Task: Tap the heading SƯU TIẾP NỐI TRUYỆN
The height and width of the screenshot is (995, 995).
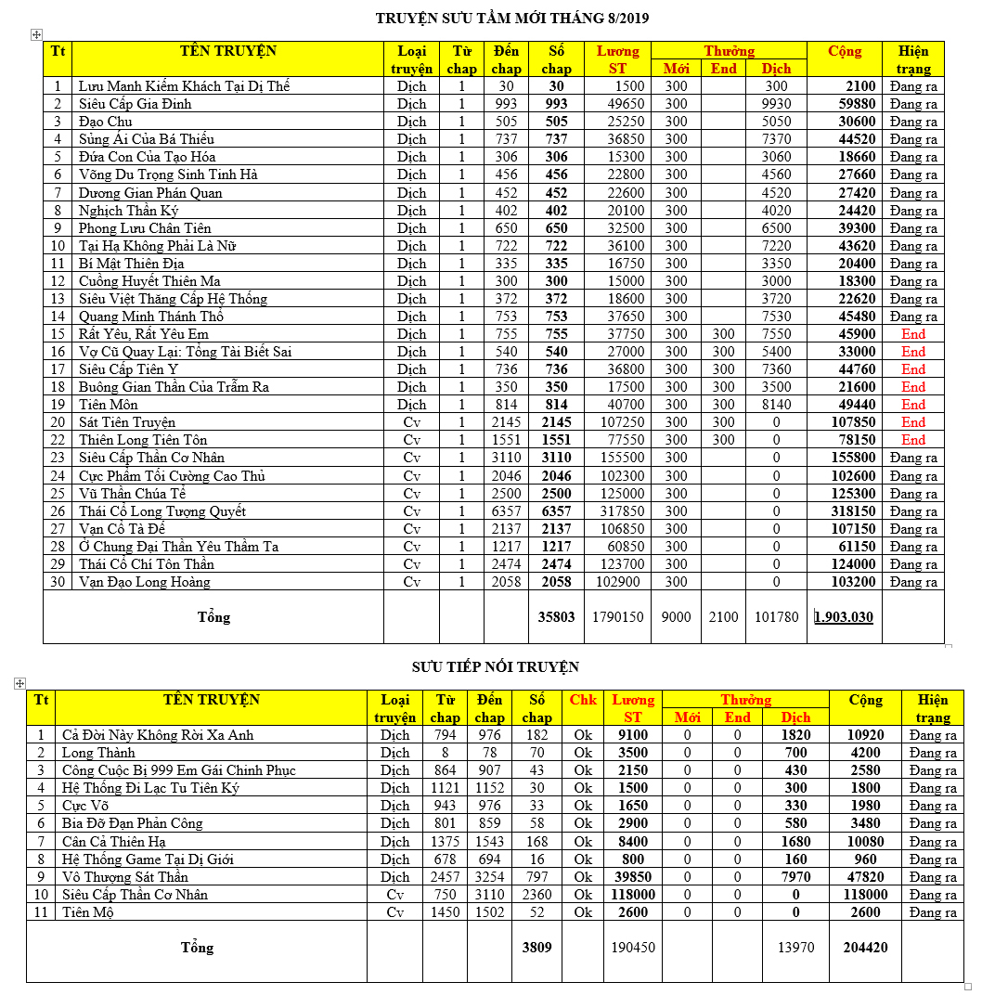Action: point(496,666)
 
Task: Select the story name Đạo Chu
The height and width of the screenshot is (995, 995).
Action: point(105,122)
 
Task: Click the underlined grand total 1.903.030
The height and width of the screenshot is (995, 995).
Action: point(844,616)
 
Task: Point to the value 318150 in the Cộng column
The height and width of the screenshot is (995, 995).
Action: point(844,511)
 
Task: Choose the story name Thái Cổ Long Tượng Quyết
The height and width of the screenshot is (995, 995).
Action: point(162,511)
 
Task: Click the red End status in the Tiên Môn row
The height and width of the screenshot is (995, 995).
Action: point(913,405)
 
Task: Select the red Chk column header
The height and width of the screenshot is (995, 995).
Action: point(583,700)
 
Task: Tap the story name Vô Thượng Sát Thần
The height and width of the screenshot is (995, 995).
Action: point(124,877)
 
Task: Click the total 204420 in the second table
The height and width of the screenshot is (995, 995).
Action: point(865,948)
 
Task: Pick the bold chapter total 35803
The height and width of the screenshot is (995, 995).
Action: point(556,616)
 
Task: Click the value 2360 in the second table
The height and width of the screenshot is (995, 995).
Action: point(536,895)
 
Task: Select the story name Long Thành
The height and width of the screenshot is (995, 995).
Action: point(98,753)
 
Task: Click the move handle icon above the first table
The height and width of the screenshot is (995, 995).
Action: point(36,34)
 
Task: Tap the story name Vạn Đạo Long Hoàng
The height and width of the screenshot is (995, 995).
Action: point(144,582)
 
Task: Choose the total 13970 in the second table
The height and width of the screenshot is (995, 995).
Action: point(795,948)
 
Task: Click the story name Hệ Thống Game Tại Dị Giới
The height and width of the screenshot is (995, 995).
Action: point(148,859)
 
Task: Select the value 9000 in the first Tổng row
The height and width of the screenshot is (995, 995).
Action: point(676,616)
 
